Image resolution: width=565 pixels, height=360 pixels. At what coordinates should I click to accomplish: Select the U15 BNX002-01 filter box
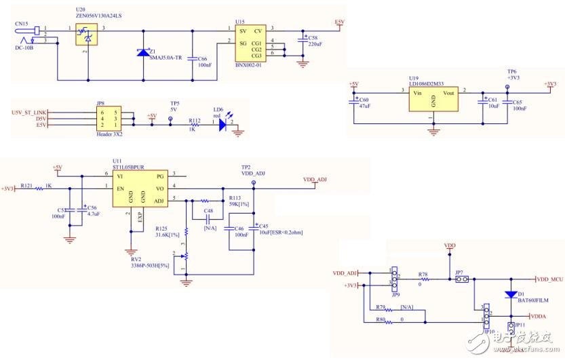[248, 43]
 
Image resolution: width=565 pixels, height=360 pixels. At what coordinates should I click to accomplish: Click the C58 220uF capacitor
[303, 42]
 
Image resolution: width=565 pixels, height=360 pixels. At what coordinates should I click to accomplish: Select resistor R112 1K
[195, 125]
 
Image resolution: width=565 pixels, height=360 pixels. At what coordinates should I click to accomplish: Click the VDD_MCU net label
[550, 279]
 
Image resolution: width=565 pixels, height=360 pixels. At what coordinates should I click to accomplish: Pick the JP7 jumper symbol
[460, 279]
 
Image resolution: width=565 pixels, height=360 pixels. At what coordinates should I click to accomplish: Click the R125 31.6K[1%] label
[167, 233]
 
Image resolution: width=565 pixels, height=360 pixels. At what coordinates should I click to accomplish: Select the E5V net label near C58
[340, 22]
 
